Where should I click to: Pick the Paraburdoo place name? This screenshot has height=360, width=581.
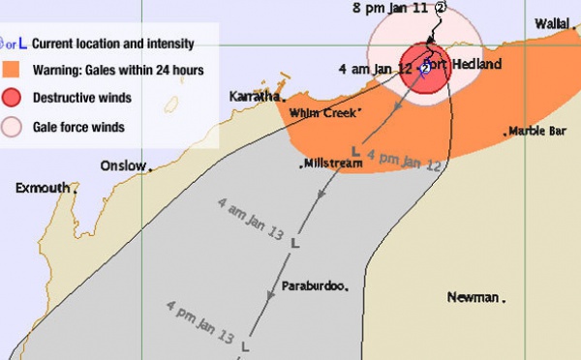pyautogui.click(x=313, y=288)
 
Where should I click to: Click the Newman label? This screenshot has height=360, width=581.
pyautogui.click(x=474, y=297)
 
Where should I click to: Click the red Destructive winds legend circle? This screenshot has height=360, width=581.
pyautogui.click(x=13, y=97)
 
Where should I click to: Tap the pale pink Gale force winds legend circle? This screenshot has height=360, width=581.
pyautogui.click(x=13, y=126)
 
